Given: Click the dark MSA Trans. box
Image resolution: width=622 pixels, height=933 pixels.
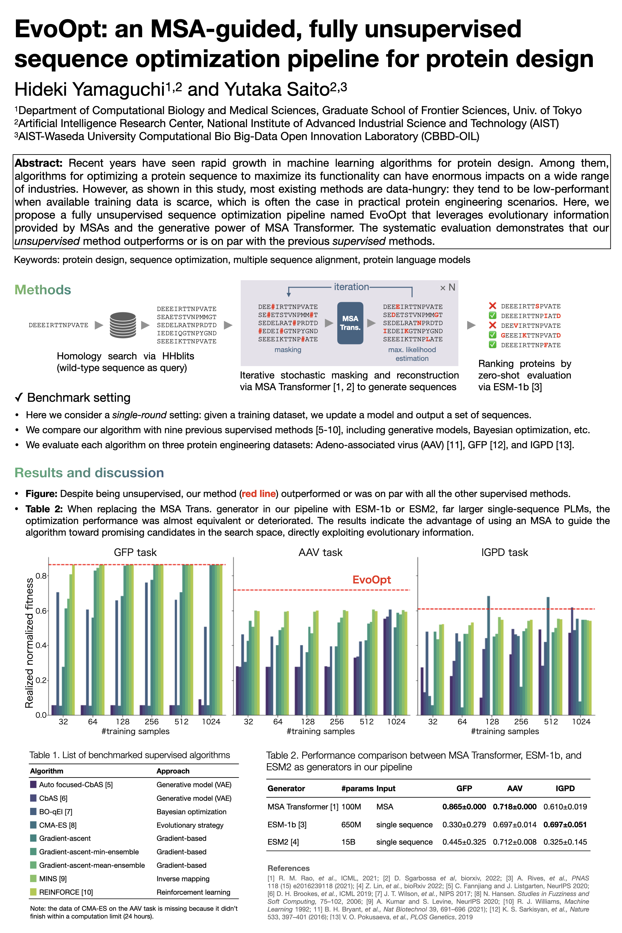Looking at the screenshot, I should [x=350, y=323].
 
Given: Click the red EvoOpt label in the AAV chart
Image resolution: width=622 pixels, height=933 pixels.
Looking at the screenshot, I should [x=371, y=580].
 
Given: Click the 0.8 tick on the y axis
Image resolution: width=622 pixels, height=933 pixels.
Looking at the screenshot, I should [x=41, y=576].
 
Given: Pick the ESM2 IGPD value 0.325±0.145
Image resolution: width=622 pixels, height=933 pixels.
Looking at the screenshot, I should [x=565, y=842].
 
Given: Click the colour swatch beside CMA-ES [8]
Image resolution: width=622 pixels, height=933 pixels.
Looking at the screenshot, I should [x=33, y=825].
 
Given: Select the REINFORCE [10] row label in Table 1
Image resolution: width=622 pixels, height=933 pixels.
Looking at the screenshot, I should [x=66, y=892].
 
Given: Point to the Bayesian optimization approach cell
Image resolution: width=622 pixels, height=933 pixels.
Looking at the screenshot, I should [x=191, y=812].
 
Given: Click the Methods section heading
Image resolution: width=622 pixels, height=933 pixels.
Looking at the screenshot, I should [x=42, y=290].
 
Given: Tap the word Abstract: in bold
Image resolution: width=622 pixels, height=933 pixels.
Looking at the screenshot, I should [x=39, y=163].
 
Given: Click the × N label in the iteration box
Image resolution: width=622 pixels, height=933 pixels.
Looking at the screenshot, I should [x=447, y=288].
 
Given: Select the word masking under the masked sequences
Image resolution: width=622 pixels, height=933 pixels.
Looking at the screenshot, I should [x=288, y=350].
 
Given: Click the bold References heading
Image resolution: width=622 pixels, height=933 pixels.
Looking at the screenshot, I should [x=288, y=868].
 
